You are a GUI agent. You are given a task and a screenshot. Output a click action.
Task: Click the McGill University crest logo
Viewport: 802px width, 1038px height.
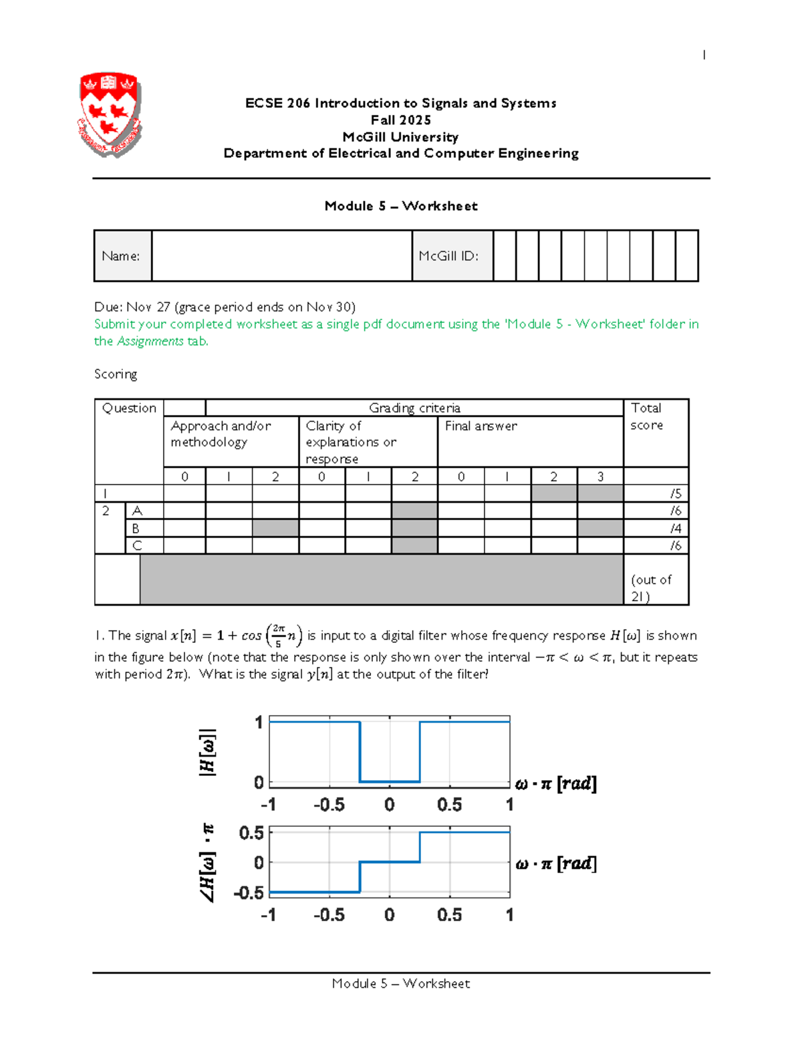pyautogui.click(x=110, y=114)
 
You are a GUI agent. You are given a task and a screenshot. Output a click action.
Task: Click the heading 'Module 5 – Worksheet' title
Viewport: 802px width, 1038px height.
pyautogui.click(x=401, y=206)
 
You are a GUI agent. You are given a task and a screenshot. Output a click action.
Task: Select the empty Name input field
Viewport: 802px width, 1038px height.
pyautogui.click(x=281, y=256)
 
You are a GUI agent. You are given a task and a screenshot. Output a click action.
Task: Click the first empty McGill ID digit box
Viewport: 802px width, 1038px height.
pyautogui.click(x=505, y=256)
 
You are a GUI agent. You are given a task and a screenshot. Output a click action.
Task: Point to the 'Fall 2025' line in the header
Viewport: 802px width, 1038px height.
pyautogui.click(x=401, y=120)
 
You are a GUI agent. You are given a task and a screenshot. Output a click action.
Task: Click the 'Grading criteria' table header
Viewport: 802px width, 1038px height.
pyautogui.click(x=414, y=408)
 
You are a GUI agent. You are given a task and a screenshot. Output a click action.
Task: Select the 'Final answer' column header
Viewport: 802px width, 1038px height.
pyautogui.click(x=481, y=426)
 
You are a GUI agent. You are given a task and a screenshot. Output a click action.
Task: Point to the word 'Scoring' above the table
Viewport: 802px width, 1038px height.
pyautogui.click(x=116, y=374)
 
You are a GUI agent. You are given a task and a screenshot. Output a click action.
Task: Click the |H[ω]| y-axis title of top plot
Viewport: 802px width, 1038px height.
pyautogui.click(x=207, y=752)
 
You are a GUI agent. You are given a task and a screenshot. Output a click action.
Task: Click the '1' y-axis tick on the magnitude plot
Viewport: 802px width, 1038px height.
pyautogui.click(x=259, y=723)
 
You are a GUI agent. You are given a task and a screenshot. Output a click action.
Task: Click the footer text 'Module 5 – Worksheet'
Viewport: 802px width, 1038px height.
pyautogui.click(x=401, y=983)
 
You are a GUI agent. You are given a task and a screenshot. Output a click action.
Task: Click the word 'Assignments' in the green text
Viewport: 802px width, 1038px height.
pyautogui.click(x=150, y=342)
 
